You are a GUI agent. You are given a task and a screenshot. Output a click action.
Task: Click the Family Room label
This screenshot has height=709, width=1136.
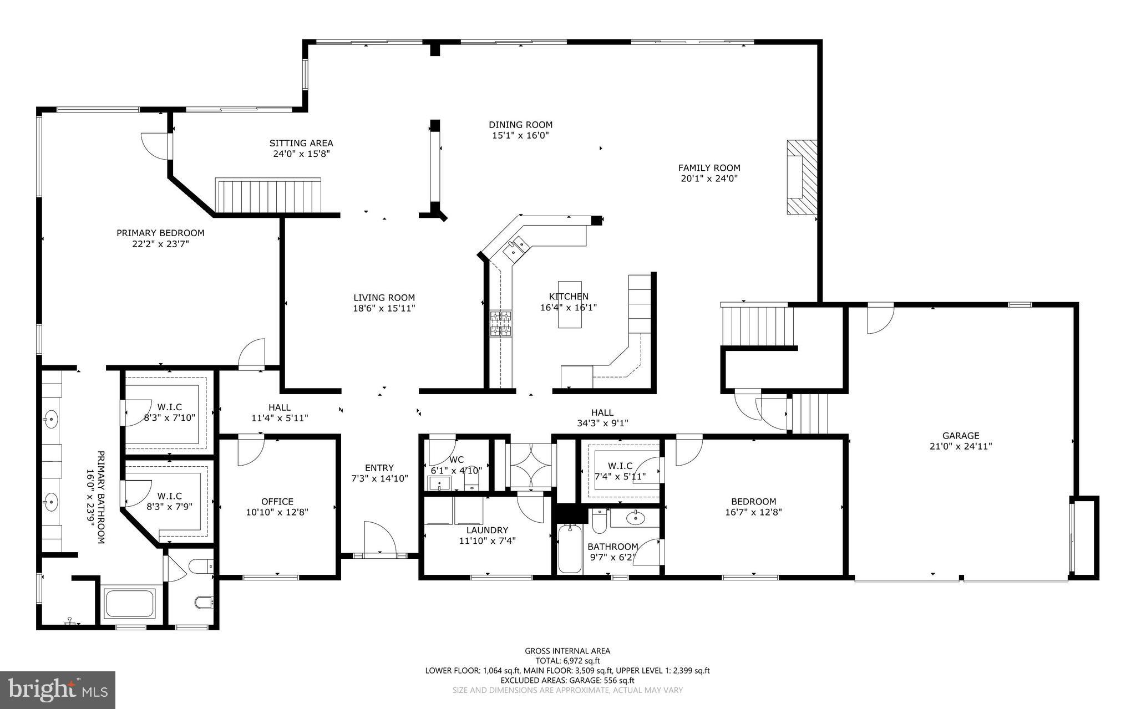point(709,167)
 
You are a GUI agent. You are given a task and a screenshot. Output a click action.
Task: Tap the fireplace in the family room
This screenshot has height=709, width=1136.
point(802,177)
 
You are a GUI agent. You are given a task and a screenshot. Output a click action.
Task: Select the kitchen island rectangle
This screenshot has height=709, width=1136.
point(570,304)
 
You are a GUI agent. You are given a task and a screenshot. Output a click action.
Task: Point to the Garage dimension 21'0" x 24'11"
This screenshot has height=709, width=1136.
point(960,446)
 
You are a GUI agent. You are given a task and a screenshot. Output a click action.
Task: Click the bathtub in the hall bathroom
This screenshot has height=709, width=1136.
point(569,549)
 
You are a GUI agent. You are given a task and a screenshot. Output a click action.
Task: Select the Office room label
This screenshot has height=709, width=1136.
point(277,502)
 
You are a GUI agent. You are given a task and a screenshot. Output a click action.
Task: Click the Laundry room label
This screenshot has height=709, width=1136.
point(487,530)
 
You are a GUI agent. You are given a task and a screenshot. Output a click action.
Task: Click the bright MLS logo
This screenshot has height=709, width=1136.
point(58,690)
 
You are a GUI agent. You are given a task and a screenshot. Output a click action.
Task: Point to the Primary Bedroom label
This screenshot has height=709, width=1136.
point(160,233)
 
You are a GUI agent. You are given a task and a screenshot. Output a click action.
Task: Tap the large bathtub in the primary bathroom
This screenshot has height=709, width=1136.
point(130,604)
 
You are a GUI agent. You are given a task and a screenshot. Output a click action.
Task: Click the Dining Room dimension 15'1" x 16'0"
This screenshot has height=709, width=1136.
point(520,135)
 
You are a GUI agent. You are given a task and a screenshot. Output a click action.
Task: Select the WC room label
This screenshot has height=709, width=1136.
point(457,460)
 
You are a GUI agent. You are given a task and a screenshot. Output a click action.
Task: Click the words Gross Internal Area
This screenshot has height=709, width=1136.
point(567,651)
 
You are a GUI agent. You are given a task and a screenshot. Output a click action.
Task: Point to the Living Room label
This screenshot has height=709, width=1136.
point(384,298)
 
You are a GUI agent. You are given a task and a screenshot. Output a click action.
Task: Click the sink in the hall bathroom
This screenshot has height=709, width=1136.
point(635,519)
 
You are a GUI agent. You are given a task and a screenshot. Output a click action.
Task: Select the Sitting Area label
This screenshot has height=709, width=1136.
point(301,143)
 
